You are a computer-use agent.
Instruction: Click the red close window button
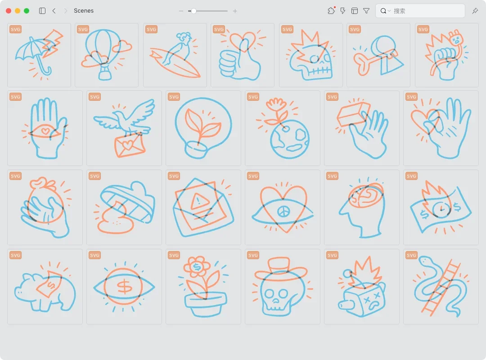pos(9,11)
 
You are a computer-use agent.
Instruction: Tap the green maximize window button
pos(27,11)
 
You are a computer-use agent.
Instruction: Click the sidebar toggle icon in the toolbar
pos(42,11)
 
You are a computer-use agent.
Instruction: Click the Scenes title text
pos(84,10)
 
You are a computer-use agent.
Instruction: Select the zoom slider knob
pos(193,11)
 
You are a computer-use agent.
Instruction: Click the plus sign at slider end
pos(235,11)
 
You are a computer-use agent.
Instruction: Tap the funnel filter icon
pos(366,11)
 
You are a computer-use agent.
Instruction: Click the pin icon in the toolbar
pos(475,11)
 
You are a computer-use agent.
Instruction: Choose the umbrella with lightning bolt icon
pos(39,55)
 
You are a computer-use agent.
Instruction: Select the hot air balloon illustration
pos(106,54)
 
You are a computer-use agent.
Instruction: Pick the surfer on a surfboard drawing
pos(175,55)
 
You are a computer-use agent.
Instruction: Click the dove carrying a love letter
pos(124,128)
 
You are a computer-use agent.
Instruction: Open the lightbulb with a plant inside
pos(203,128)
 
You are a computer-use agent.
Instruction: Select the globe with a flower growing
pos(282,128)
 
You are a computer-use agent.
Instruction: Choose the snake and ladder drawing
pos(441,287)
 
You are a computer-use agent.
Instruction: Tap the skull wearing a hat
pos(282,287)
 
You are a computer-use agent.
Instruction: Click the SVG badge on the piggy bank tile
pos(15,255)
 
